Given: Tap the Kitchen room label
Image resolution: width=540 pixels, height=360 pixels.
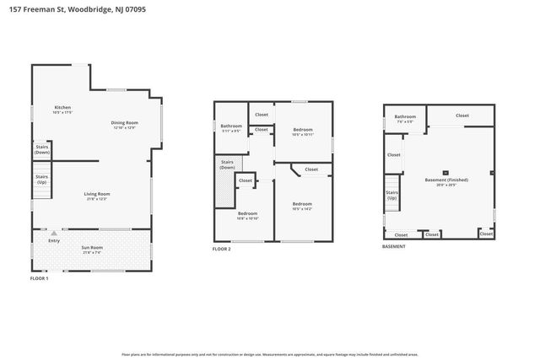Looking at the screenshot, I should [62, 109].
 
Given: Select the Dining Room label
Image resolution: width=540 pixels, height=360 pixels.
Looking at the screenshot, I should [124, 124].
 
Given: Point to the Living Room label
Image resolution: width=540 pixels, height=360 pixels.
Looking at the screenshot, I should [97, 196].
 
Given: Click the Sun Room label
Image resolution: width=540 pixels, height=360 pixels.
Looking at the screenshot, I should [92, 249].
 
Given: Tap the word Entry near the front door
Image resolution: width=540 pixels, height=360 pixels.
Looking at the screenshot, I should [54, 241].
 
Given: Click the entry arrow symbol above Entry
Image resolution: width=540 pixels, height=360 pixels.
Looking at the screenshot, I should [54, 233].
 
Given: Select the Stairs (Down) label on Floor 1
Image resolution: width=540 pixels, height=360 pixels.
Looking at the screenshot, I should [42, 148].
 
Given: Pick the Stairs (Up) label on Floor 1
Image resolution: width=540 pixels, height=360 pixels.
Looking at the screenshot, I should [41, 180].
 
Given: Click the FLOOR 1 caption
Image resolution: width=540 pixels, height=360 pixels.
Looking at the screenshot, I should [40, 277].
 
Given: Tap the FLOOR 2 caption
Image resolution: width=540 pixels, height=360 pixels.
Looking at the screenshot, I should [221, 250].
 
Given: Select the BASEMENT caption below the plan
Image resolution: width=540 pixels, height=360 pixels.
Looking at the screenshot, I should [394, 246].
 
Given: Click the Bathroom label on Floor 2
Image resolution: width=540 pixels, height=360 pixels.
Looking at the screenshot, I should [231, 127].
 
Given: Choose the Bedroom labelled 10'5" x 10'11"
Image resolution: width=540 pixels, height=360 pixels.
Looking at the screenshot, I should [302, 132].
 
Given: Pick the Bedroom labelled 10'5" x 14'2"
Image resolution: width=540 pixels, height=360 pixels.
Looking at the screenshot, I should [302, 205].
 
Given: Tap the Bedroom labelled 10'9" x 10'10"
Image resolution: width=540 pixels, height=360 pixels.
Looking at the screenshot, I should [247, 216].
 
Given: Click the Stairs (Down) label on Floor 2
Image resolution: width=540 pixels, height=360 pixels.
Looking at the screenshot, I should [227, 164].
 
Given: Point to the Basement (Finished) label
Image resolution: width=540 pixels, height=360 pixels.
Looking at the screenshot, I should [446, 181].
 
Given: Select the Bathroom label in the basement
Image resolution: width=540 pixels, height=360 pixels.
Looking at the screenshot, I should [405, 118].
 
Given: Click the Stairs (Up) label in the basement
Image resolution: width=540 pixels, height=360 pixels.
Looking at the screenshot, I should [392, 195].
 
